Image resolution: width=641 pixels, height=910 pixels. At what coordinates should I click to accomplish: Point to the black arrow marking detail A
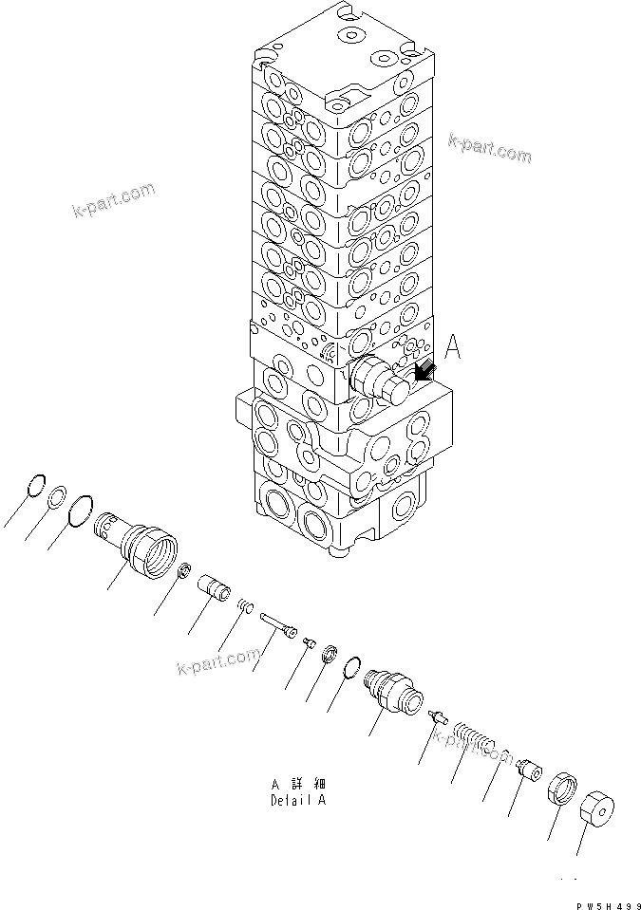point(424,372)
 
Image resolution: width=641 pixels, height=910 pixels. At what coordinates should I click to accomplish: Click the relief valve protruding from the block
point(380,381)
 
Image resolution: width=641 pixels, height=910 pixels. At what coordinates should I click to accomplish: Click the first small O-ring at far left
point(35,484)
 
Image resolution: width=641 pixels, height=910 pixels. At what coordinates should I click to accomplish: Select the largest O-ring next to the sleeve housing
point(82,509)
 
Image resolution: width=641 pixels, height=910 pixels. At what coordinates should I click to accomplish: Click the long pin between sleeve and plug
point(277,622)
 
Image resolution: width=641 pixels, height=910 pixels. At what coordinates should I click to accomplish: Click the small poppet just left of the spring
point(437,716)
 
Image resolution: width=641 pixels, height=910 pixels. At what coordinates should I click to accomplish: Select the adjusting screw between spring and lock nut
point(526,771)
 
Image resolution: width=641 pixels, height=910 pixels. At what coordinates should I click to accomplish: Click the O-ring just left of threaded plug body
point(349,670)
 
